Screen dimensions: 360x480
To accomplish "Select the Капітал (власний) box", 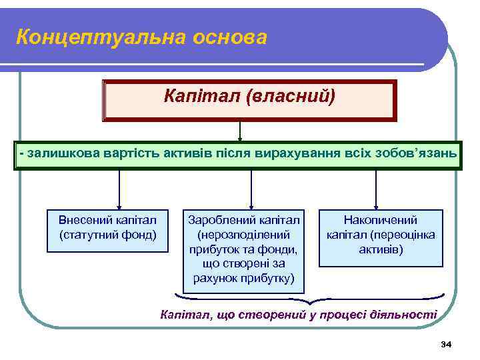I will (249, 100).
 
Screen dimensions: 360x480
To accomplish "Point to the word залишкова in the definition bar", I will (63, 154).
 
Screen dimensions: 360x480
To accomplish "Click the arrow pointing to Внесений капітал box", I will (119, 190).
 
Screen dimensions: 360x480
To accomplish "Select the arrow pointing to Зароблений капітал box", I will (251, 190).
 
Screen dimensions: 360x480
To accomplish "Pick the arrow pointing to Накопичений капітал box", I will (377, 190).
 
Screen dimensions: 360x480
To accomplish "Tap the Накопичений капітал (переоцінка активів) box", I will (380, 237).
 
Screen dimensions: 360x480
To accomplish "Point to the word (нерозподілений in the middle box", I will (243, 235).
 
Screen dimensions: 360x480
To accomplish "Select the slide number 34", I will (446, 344).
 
